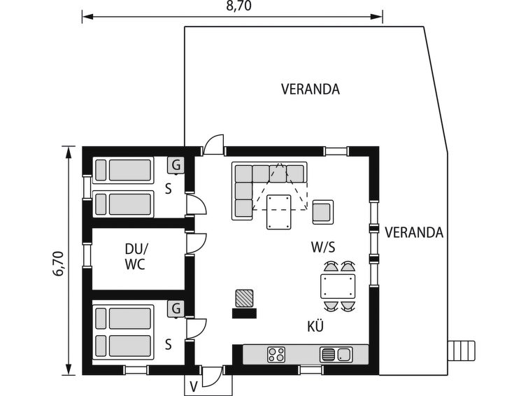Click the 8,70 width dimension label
pyautogui.click(x=238, y=6)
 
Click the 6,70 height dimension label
pyautogui.click(x=58, y=264)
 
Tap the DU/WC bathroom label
pyautogui.click(x=136, y=257)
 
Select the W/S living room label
pyautogui.click(x=323, y=247)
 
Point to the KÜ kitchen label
pyautogui.click(x=315, y=326)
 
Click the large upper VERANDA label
pyautogui.click(x=310, y=89)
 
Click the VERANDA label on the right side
pyautogui.click(x=414, y=232)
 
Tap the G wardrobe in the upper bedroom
pyautogui.click(x=176, y=165)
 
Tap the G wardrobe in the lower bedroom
pyautogui.click(x=176, y=309)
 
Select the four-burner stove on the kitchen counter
pyautogui.click(x=276, y=355)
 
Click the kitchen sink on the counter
pyautogui.click(x=336, y=355)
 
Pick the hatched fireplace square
pyautogui.click(x=244, y=298)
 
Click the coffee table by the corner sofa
pyautogui.click(x=279, y=212)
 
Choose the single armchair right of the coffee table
pyautogui.click(x=323, y=212)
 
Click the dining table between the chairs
pyautogui.click(x=338, y=286)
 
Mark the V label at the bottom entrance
pyautogui.click(x=193, y=386)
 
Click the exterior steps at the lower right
pyautogui.click(x=462, y=351)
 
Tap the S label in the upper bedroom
pyautogui.click(x=169, y=189)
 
